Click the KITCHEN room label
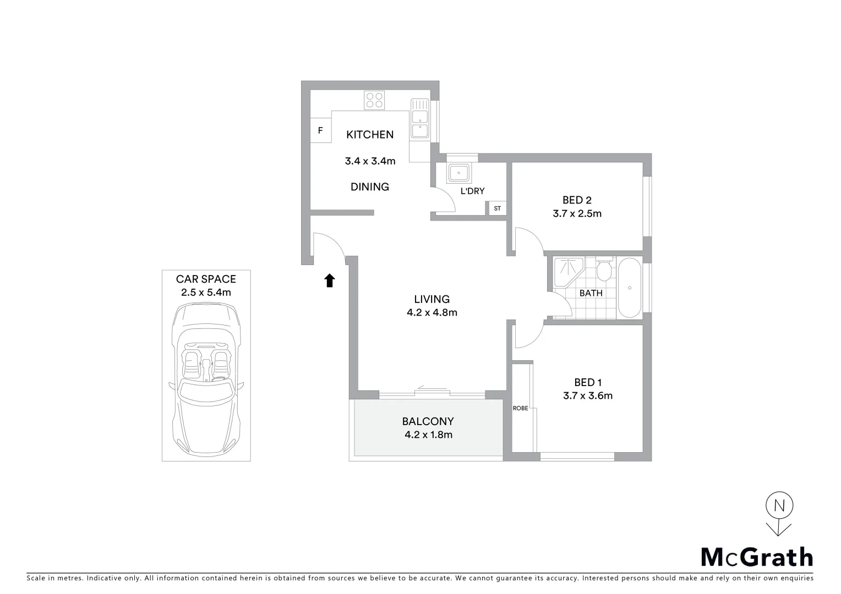(369, 135)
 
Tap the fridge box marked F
(320, 131)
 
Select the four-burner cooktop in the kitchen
(375, 100)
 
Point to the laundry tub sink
(458, 173)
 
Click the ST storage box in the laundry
(497, 208)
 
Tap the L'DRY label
(472, 191)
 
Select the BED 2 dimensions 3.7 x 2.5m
(577, 214)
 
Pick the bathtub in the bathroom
(629, 287)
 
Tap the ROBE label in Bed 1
(520, 408)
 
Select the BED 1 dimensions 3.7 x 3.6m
(587, 395)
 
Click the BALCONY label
(428, 421)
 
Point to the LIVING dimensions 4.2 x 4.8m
(432, 313)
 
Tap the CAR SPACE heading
(206, 279)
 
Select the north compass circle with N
(779, 505)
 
